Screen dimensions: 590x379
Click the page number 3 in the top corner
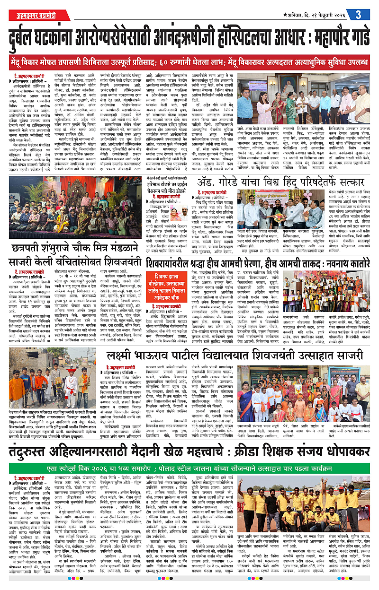click(x=358, y=14)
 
